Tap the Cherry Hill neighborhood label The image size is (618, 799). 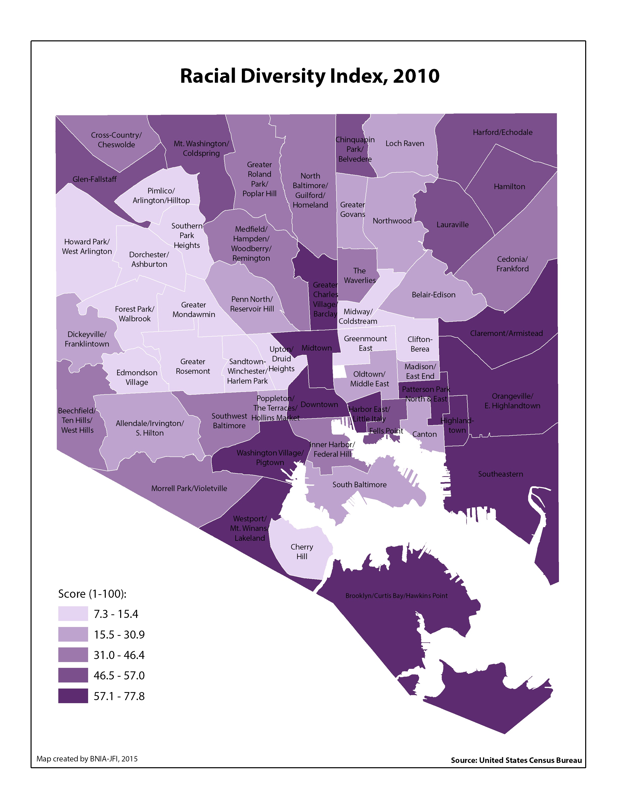click(x=302, y=551)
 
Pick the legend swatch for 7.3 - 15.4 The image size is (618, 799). click(x=73, y=614)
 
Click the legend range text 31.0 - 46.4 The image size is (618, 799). click(x=119, y=655)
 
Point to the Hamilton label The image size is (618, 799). click(x=509, y=187)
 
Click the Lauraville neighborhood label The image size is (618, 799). click(x=452, y=225)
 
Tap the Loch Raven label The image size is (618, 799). click(x=405, y=144)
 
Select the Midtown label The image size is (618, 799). click(x=316, y=348)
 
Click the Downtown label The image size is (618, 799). click(x=319, y=404)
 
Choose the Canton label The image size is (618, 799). click(x=424, y=434)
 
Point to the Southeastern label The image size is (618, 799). click(x=500, y=474)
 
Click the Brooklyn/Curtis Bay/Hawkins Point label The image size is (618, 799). click(x=397, y=595)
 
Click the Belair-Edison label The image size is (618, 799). click(x=433, y=295)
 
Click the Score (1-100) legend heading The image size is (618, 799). click(x=92, y=593)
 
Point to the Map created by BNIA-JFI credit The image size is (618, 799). click(x=87, y=759)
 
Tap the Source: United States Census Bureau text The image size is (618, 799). click(x=516, y=760)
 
